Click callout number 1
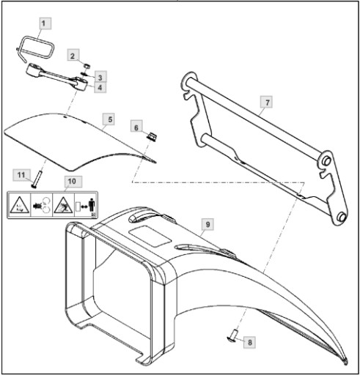click(43, 23)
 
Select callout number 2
click(73, 56)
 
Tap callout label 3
click(100, 78)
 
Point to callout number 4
click(100, 87)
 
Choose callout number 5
click(110, 119)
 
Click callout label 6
click(136, 127)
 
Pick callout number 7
click(268, 103)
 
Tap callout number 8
click(250, 342)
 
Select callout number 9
click(207, 224)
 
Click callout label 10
click(72, 182)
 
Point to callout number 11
click(21, 175)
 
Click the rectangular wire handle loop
click(37, 48)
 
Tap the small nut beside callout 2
click(87, 66)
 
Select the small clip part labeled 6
click(152, 135)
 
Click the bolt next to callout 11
click(37, 179)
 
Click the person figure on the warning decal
click(92, 205)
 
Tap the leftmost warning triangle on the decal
click(20, 205)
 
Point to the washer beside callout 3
click(84, 74)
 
